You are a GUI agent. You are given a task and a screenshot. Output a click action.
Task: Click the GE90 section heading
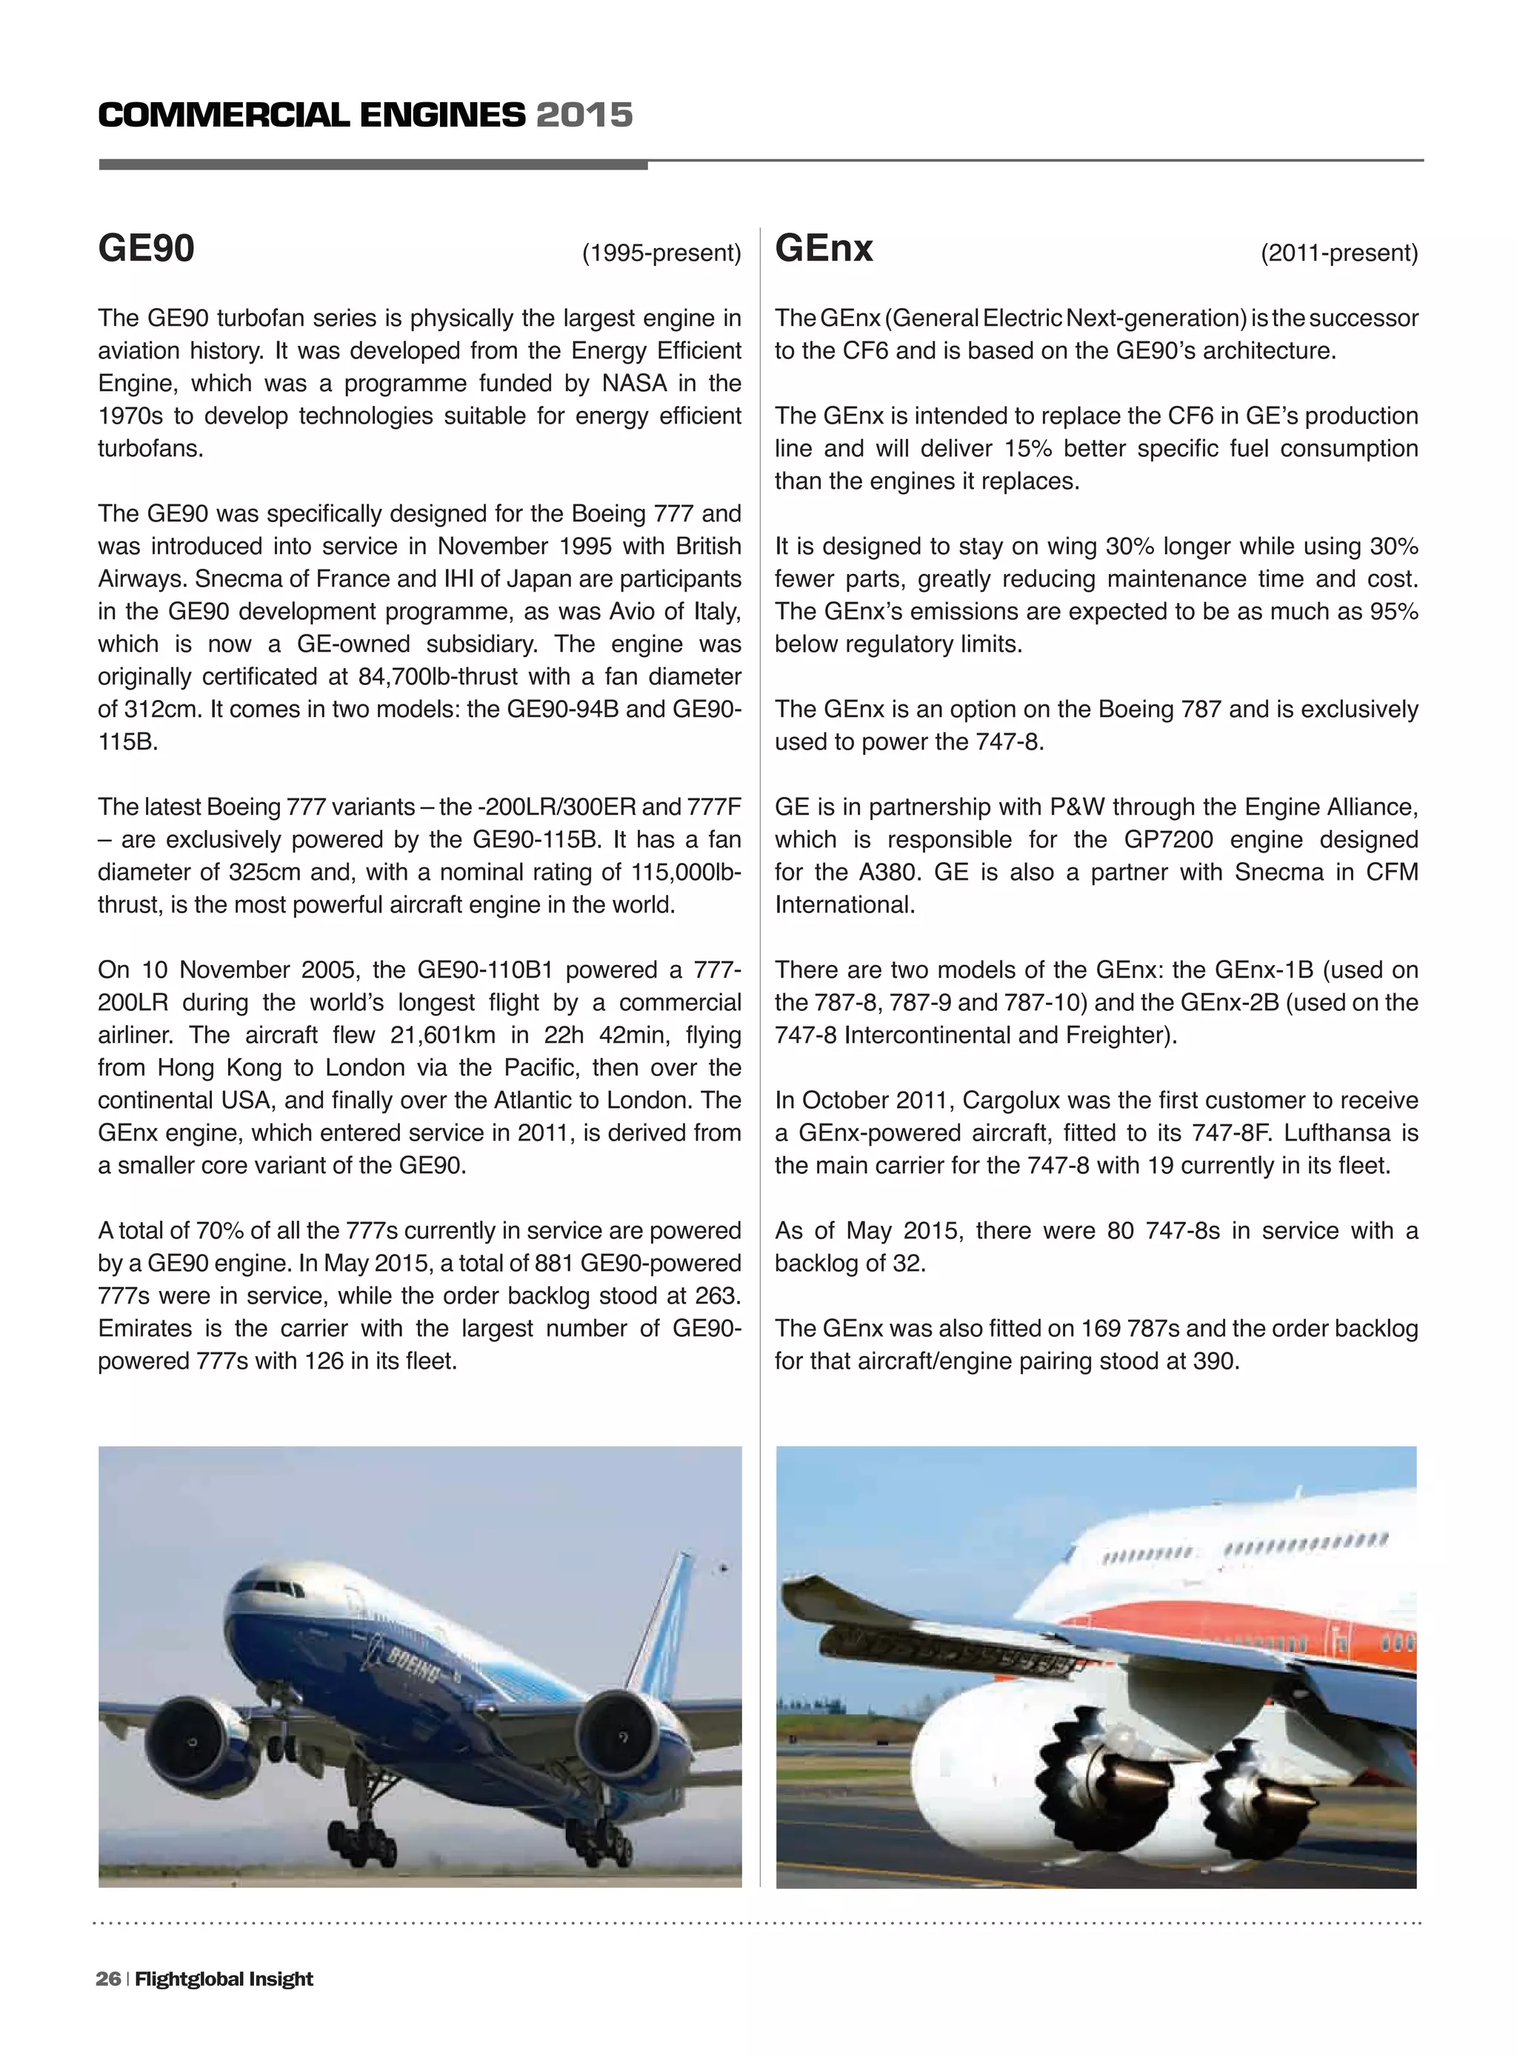click(146, 249)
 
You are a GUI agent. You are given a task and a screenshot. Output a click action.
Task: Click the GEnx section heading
click(824, 249)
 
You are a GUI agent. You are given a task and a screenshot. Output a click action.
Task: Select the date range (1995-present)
click(661, 253)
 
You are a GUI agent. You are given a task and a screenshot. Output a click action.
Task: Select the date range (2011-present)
click(1338, 253)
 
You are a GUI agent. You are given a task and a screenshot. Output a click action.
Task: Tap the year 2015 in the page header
click(584, 116)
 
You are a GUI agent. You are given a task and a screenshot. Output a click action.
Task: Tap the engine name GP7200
click(1169, 840)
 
